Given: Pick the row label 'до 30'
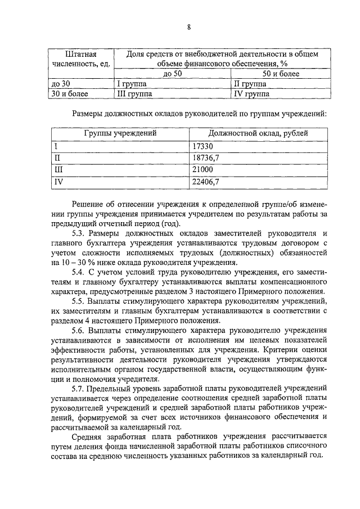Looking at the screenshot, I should pos(60,84).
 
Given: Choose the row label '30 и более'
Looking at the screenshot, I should pos(69,94).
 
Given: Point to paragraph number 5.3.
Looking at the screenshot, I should pos(79,233).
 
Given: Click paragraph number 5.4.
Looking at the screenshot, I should pos(79,272).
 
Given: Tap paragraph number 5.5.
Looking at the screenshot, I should pos(79,301).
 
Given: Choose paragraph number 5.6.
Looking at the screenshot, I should pos(79,331).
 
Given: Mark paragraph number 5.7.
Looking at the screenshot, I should pos(79,389).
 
